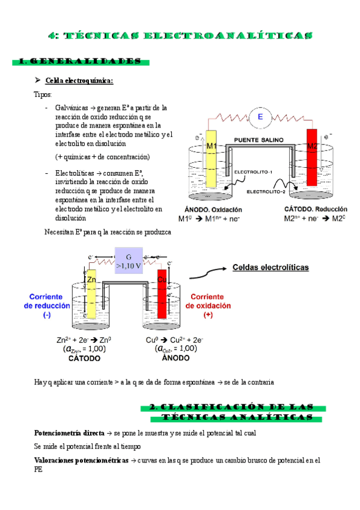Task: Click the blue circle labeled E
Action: click(x=260, y=117)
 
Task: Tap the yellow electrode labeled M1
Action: click(x=211, y=159)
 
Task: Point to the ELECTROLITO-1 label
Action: click(x=253, y=172)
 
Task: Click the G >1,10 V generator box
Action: click(x=129, y=260)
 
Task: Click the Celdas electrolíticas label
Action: click(x=270, y=267)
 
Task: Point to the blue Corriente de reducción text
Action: click(x=47, y=306)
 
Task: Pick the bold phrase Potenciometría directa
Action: click(x=69, y=433)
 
